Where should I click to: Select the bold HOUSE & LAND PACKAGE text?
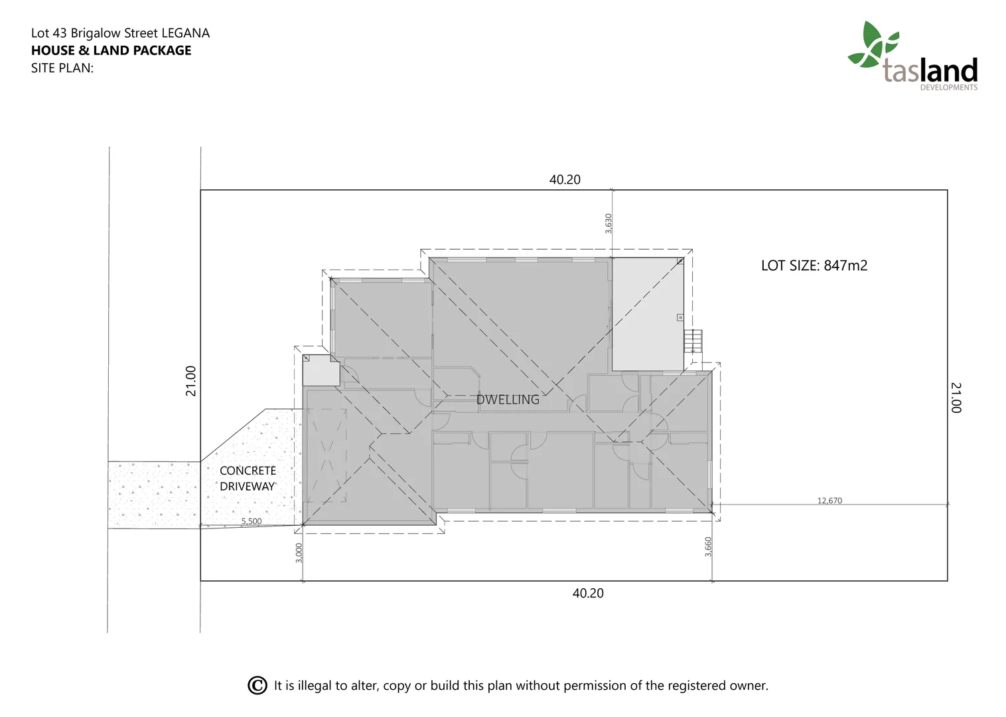[x=111, y=50]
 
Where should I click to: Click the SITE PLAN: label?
[x=62, y=68]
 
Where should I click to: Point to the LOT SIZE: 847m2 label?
[x=814, y=266]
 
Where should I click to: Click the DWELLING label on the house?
[x=508, y=400]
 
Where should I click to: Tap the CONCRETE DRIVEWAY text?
[x=248, y=478]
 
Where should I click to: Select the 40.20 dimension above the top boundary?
[x=565, y=179]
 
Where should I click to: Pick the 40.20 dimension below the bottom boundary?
[x=588, y=593]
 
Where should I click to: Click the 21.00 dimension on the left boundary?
[x=191, y=381]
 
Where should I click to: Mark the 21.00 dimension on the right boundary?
[x=956, y=397]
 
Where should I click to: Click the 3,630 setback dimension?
[x=609, y=223]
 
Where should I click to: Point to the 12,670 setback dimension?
[x=829, y=501]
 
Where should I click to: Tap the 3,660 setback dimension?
[x=708, y=546]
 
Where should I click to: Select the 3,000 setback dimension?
[x=299, y=552]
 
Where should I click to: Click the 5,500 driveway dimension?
[x=251, y=521]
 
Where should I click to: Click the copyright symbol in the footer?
[x=257, y=685]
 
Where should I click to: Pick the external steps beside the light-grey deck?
[x=693, y=342]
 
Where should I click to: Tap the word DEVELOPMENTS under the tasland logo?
[x=948, y=88]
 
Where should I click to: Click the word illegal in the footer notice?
[x=315, y=685]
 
